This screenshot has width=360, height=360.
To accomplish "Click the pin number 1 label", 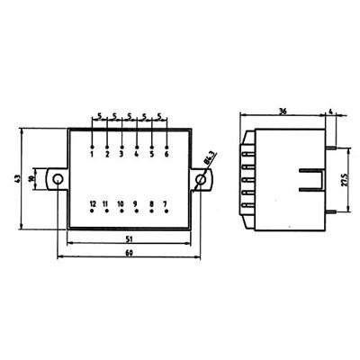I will (93, 154).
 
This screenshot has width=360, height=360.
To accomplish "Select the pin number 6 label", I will (167, 154).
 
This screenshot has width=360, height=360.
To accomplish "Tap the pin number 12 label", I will (93, 205).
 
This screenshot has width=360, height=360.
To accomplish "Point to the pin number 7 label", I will (166, 205).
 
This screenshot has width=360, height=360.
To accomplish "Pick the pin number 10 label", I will (121, 205).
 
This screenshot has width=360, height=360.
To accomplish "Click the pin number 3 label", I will (121, 154).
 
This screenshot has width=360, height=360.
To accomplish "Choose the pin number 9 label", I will (136, 205).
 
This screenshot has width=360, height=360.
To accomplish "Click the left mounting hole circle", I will (58, 180).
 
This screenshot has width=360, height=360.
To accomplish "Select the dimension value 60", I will (130, 254).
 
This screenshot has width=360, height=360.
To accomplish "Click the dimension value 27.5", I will (346, 180).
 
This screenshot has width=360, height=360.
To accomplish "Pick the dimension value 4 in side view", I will (331, 112).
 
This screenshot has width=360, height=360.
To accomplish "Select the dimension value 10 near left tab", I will (33, 179).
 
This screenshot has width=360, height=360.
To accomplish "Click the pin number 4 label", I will (137, 154).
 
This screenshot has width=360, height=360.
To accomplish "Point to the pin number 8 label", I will (151, 205).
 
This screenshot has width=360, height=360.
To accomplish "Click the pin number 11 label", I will (106, 205).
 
